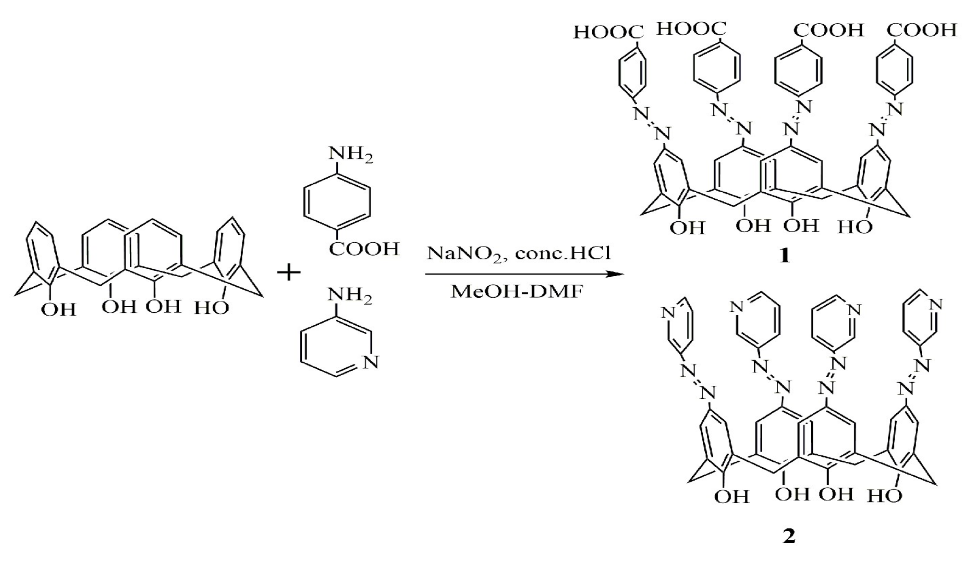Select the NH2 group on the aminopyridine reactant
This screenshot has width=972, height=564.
click(350, 296)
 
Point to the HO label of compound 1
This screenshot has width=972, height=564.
click(855, 226)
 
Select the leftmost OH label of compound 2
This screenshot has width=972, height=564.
click(731, 497)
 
